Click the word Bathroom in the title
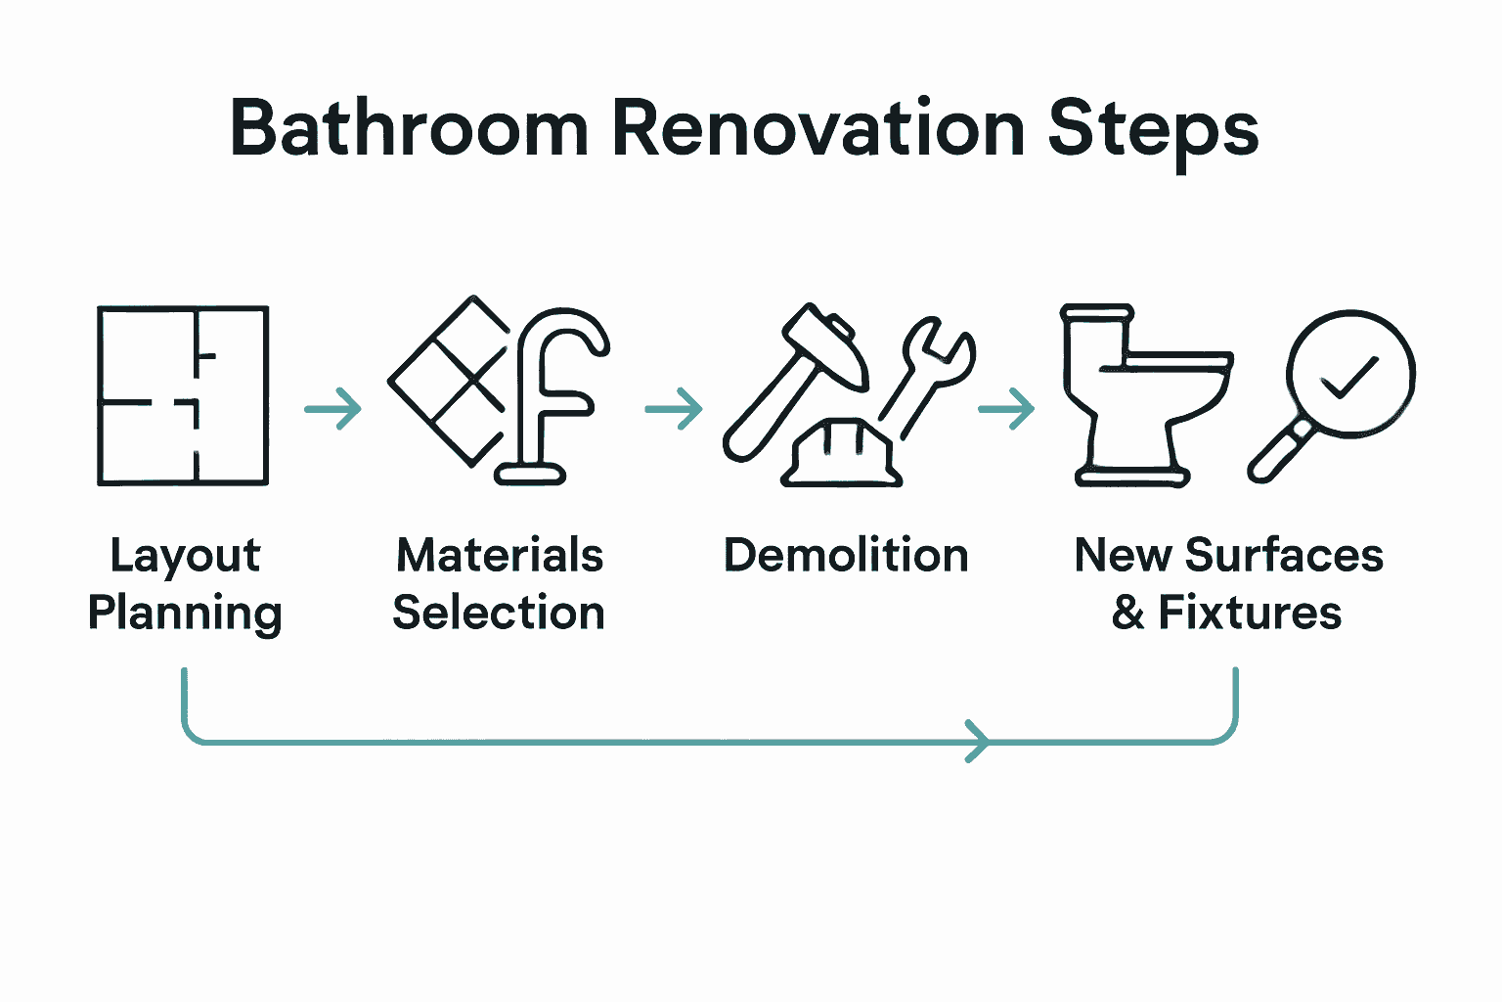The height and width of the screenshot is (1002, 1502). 408,128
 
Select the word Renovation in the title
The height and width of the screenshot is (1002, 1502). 817,128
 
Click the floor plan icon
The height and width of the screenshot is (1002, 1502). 183,395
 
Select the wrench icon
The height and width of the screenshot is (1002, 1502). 930,372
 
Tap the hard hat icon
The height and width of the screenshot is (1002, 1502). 840,453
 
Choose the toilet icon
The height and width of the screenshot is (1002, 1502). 1139,395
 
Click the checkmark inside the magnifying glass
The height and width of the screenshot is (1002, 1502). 1349,376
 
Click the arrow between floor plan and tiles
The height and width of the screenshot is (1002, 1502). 333,408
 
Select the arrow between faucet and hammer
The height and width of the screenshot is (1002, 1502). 674,408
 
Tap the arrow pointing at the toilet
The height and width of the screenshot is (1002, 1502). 1006,408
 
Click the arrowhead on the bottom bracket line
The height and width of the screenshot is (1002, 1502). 977,741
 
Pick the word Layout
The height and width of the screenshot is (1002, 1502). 185,556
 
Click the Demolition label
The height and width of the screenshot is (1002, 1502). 846,556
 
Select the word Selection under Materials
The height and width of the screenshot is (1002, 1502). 499,614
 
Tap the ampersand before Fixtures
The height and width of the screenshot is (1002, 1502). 1128,614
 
